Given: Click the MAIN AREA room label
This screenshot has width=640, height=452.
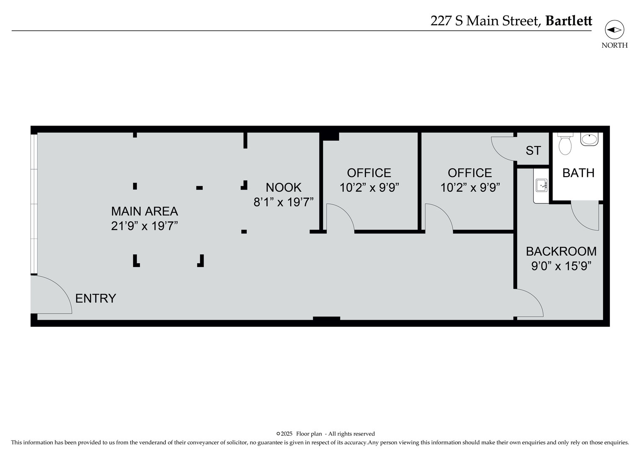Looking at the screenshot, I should tap(145, 211).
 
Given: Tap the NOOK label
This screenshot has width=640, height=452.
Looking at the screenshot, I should tap(284, 187).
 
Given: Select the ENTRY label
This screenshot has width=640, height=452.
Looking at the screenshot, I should tap(95, 298).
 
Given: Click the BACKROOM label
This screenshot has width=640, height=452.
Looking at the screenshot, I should tap(561, 251).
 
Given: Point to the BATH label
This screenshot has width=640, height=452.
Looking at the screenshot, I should tap(578, 173).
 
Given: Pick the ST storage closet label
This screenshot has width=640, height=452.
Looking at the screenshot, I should tap(533, 151).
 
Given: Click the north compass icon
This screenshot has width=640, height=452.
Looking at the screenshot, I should tap(614, 30).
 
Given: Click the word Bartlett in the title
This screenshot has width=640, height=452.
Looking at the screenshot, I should tap(569, 21).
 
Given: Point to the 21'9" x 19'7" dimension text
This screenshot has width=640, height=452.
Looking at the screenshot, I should tap(145, 226).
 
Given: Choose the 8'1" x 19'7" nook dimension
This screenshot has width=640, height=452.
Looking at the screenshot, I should tap(284, 202).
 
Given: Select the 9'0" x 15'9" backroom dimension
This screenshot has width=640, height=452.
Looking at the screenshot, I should tap(561, 266).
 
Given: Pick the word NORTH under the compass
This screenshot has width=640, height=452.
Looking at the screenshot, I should tap(614, 46).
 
